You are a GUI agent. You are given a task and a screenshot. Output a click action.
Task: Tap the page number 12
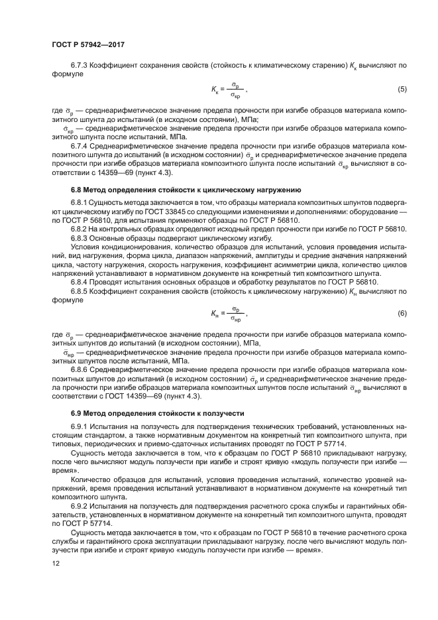[55, 563]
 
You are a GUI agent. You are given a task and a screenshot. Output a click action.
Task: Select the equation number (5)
[402, 89]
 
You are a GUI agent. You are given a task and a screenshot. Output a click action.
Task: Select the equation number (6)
[402, 312]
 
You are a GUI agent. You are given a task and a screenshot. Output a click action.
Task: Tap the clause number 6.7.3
[81, 66]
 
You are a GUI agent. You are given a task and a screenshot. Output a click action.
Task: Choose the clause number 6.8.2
[81, 228]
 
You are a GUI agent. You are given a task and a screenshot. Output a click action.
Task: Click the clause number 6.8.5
[81, 290]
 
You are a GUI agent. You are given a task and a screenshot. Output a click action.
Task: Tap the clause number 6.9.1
[81, 426]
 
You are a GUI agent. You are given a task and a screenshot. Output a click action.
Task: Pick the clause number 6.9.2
[81, 505]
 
